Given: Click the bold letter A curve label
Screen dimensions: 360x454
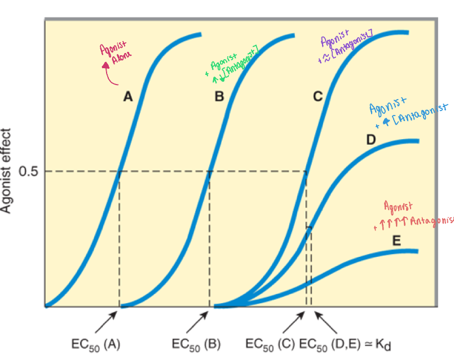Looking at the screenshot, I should pyautogui.click(x=128, y=97).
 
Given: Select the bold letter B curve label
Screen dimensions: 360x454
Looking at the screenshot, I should pyautogui.click(x=219, y=97).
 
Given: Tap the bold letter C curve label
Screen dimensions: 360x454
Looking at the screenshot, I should pyautogui.click(x=318, y=97).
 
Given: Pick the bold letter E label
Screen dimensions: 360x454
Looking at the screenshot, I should pyautogui.click(x=396, y=242).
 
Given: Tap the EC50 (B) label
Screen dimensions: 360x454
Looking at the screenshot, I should pyautogui.click(x=196, y=344).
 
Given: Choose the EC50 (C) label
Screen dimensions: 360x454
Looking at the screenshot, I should pyautogui.click(x=271, y=344).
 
